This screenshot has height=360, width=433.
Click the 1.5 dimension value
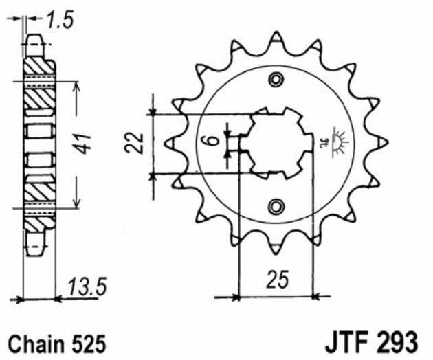pyautogui.click(x=60, y=21)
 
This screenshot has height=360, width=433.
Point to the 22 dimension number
pyautogui.click(x=137, y=143)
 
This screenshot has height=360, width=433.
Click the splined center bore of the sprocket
pyautogui.click(x=276, y=142)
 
